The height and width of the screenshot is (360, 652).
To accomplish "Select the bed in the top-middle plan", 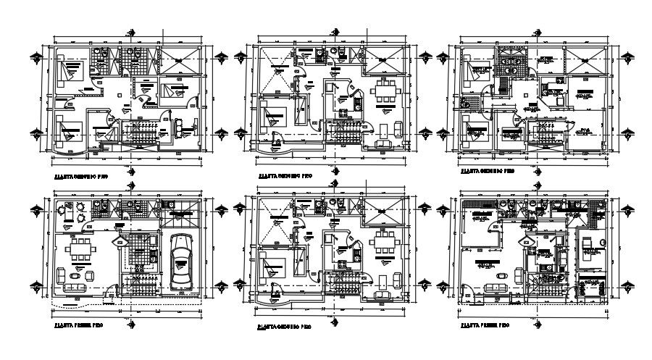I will point(276,115).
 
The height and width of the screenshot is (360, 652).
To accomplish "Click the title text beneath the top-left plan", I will point(79,175).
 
